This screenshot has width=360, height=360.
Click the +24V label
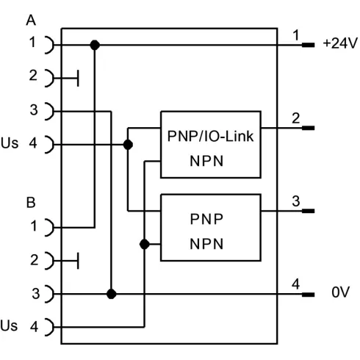[x=340, y=43]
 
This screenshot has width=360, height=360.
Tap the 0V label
[x=340, y=292]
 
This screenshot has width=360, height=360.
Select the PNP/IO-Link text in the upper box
[x=210, y=136]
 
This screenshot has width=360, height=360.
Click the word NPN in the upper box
[x=206, y=161]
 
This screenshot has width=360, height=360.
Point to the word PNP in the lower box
[x=206, y=219]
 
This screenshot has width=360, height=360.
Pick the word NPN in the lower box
[x=206, y=244]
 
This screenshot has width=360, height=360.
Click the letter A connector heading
[x=31, y=21]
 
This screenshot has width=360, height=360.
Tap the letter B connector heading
[x=31, y=203]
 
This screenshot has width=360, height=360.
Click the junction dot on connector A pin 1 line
[x=95, y=45]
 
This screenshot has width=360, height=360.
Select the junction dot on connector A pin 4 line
[x=128, y=145]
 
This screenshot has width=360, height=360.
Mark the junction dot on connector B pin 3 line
[x=112, y=294]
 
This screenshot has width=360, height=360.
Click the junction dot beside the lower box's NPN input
[x=145, y=244]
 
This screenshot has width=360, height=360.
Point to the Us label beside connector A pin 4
[x=10, y=143]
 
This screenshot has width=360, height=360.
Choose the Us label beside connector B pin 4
[x=9, y=325]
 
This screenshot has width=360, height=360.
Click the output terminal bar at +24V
[x=308, y=45]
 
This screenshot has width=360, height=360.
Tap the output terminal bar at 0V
[x=308, y=295]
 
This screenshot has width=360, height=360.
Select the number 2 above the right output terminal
[x=296, y=118]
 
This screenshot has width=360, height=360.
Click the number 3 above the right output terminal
[x=296, y=201]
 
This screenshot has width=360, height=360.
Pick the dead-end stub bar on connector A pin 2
[x=78, y=79]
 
